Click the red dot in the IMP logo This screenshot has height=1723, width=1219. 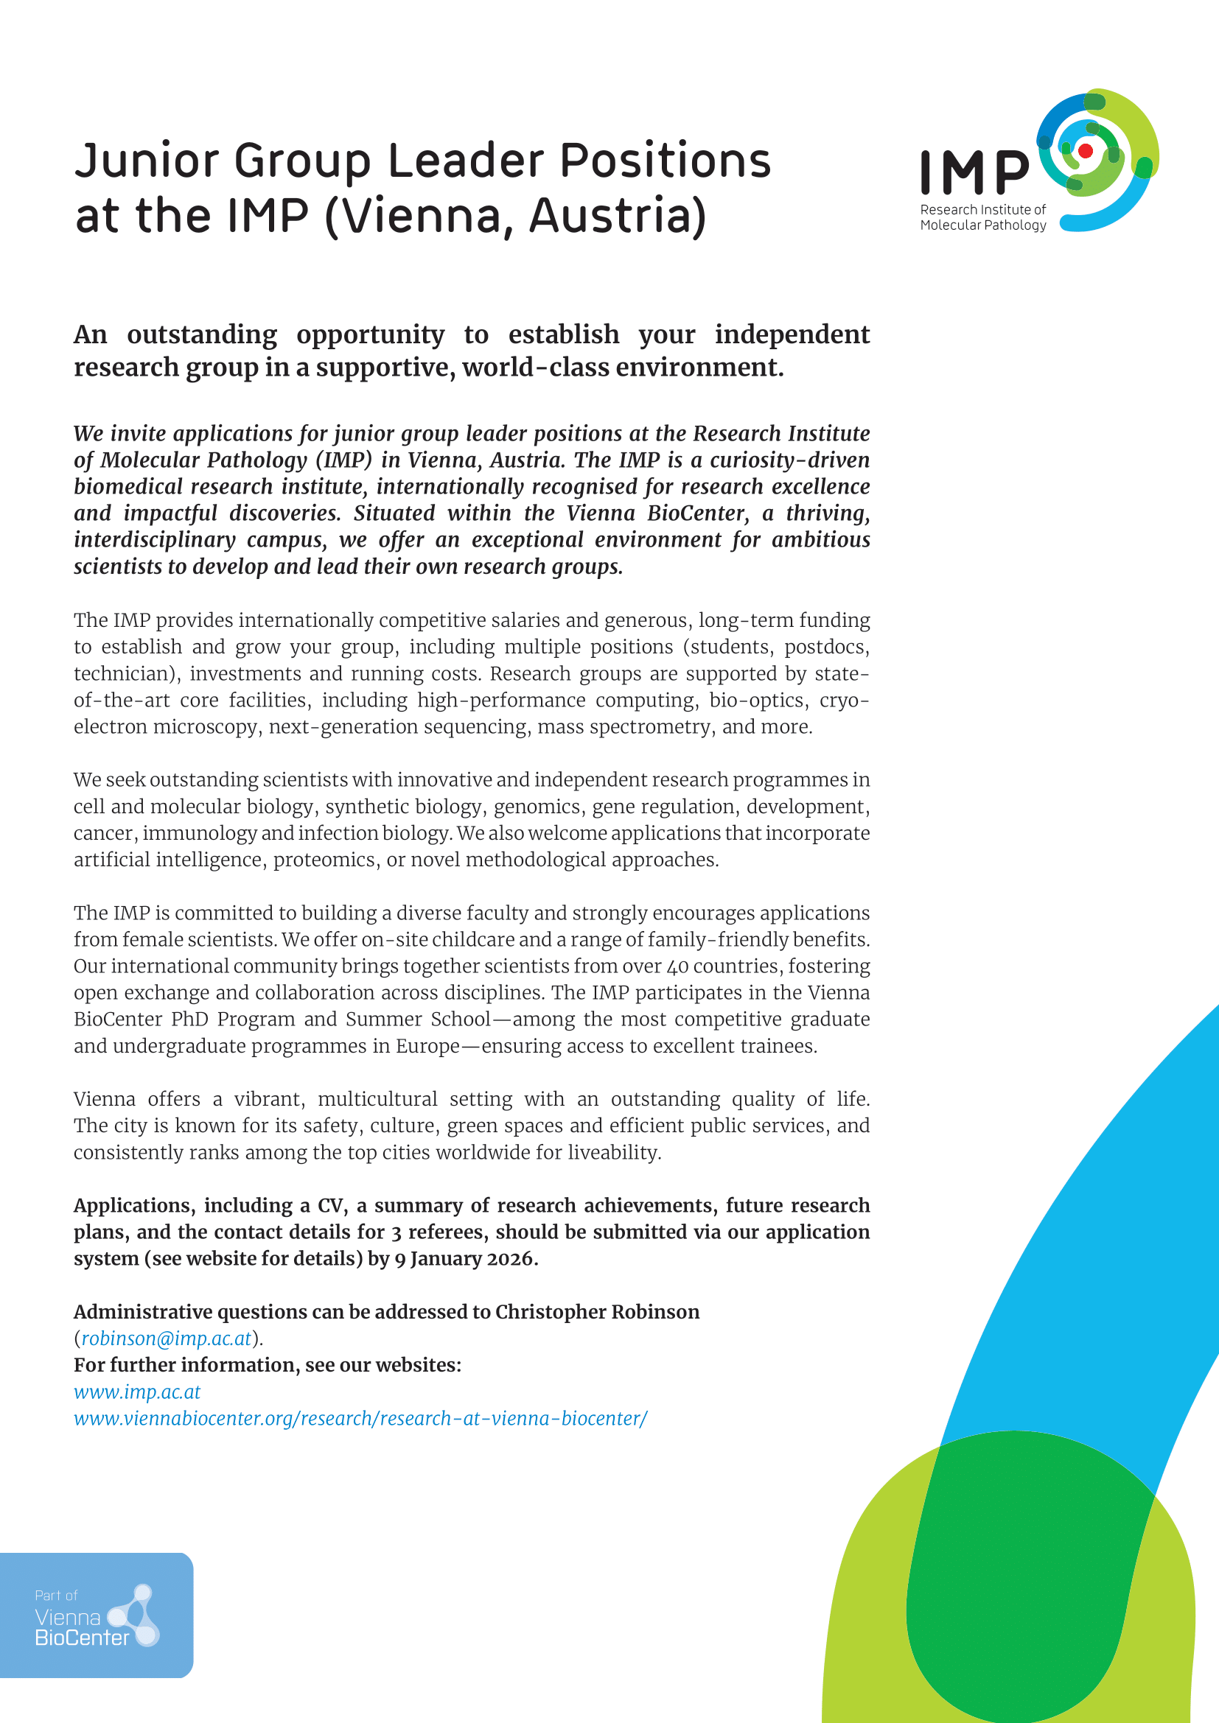click(1085, 151)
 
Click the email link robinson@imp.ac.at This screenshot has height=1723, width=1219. click(166, 1338)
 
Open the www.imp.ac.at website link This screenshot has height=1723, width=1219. click(136, 1392)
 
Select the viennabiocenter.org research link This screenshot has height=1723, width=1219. click(360, 1418)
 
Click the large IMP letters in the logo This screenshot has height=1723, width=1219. click(974, 172)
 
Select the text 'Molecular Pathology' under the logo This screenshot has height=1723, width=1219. click(982, 225)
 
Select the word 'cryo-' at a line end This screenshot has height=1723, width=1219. click(844, 700)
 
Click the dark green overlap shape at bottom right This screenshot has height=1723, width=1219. click(1028, 1576)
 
